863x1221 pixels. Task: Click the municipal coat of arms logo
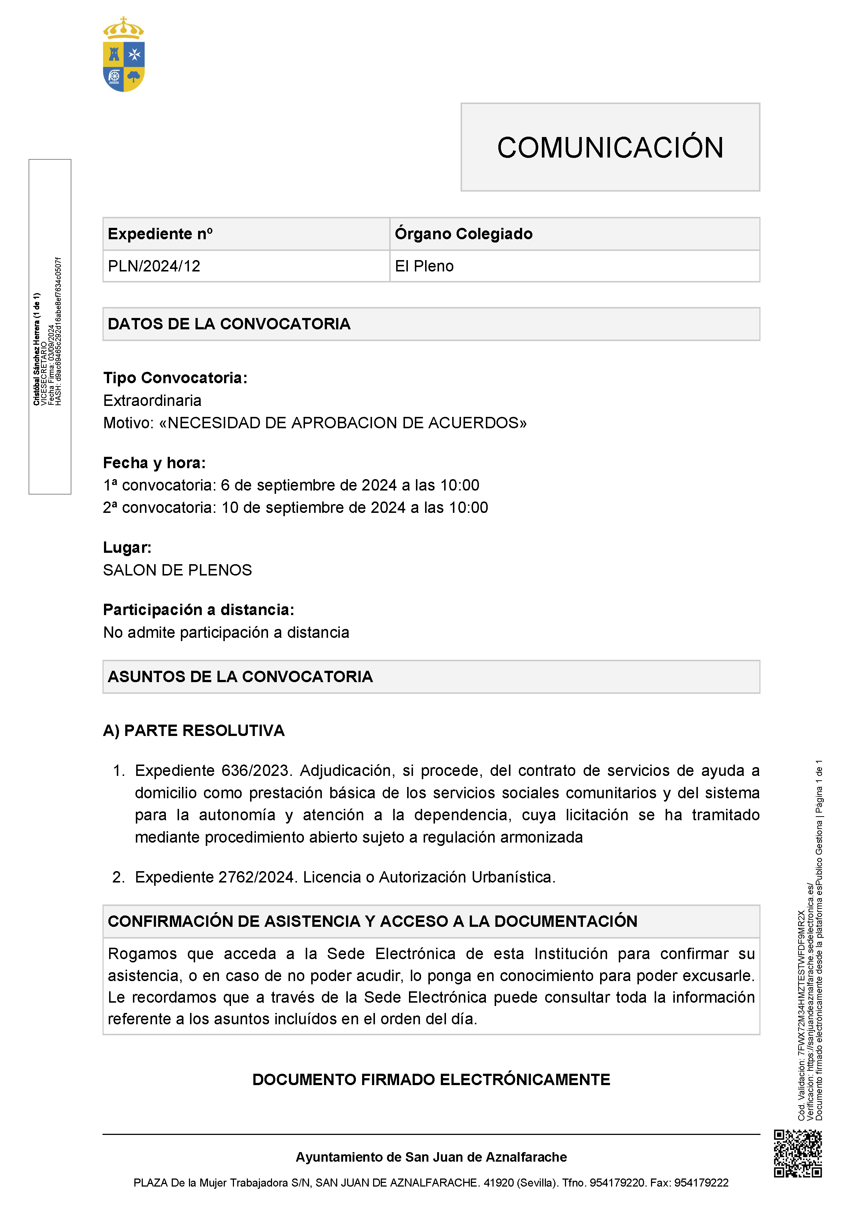(x=123, y=55)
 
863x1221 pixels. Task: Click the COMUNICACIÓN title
(x=610, y=147)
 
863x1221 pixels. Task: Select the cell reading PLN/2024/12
(x=154, y=266)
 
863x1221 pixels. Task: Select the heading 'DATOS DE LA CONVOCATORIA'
(x=229, y=324)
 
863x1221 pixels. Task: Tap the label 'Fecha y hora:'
(x=154, y=463)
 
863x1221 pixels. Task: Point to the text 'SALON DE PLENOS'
(x=178, y=570)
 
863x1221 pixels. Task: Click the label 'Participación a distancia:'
(x=198, y=610)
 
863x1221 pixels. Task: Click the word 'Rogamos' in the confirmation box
(x=142, y=954)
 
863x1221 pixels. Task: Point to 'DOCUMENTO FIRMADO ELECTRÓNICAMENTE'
(x=431, y=1080)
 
